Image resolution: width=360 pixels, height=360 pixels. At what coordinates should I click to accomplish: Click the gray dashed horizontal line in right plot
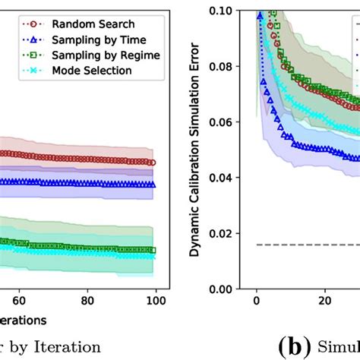click(x=304, y=245)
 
